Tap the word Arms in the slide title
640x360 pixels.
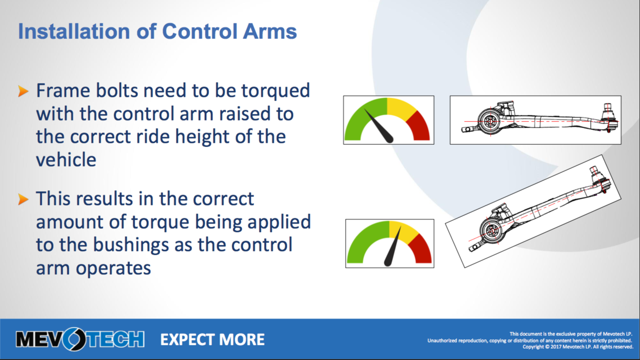point(270,31)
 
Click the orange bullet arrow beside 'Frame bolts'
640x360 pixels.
point(23,91)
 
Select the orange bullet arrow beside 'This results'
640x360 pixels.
point(23,199)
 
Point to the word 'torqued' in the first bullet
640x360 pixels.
point(275,92)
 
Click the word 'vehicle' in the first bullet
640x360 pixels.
point(66,159)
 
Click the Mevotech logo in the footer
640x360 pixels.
point(80,339)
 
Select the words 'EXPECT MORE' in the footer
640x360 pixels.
point(212,340)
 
